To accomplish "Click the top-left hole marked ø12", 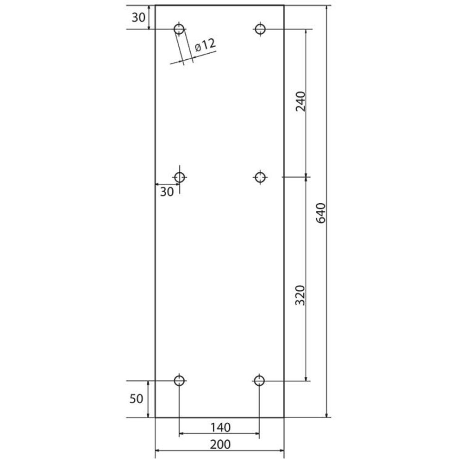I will (x=179, y=29).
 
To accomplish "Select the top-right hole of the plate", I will (x=260, y=29).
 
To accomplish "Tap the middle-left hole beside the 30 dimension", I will (x=180, y=177).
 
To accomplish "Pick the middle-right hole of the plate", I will (x=260, y=177).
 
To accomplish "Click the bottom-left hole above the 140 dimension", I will (x=179, y=381).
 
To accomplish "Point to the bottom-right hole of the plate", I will (x=259, y=381).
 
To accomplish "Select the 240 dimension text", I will (x=300, y=102).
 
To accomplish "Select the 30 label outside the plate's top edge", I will (x=138, y=18).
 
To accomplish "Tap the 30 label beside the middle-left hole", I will (x=167, y=191).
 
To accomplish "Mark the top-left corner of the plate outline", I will (x=155, y=5).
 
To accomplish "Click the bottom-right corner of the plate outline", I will (x=283, y=417).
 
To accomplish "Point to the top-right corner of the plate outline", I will (x=283, y=5).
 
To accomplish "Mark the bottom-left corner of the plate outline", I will (x=155, y=417).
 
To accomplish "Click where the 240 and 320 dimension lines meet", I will (x=306, y=177).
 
